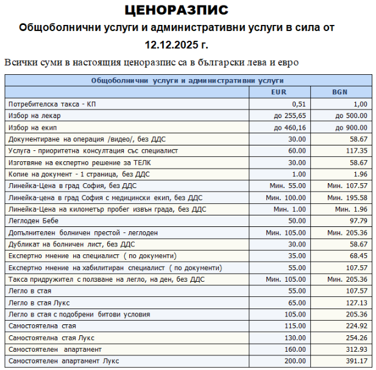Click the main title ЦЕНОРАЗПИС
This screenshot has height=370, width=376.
point(176,10)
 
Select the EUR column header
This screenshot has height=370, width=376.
point(280,92)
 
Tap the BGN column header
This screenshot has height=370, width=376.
point(340,92)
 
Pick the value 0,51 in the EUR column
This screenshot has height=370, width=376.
point(298,104)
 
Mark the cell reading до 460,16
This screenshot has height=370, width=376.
point(290,127)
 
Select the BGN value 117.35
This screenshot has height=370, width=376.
point(357,150)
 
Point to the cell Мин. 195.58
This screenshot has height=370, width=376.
point(347,197)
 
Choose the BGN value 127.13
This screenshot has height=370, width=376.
point(357,302)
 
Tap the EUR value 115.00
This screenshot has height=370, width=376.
point(295,326)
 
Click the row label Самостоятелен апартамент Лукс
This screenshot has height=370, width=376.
point(64,361)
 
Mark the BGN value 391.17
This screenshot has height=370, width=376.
point(357,361)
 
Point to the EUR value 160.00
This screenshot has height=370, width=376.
point(295,349)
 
